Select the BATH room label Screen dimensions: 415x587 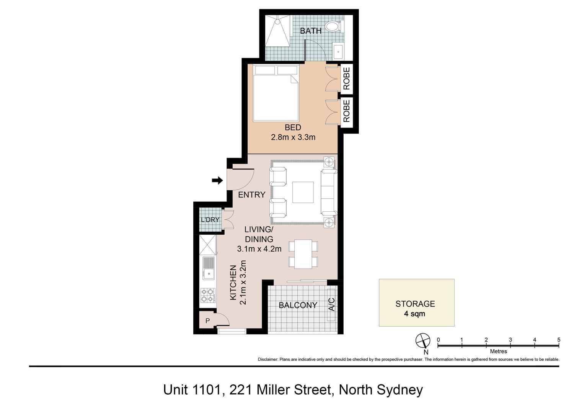310,31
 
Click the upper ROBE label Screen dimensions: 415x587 347,78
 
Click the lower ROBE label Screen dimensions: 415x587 347,111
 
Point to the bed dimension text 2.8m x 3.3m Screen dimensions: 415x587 293,137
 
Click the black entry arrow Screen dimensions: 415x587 217,180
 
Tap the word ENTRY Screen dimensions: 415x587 251,195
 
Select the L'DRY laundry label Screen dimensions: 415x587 210,220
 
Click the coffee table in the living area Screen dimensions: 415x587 303,192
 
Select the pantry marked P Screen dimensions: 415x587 207,321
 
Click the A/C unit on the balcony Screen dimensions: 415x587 331,305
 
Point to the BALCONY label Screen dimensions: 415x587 298,305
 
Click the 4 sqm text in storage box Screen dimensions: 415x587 414,314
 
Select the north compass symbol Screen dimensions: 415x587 423,340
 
